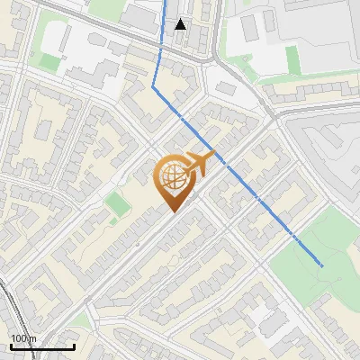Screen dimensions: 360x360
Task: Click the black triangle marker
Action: [181, 24]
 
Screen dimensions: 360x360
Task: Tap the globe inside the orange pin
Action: [175, 179]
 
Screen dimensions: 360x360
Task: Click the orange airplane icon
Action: [203, 163]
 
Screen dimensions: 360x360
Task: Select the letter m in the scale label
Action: [33, 339]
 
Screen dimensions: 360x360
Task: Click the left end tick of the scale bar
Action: [11, 345]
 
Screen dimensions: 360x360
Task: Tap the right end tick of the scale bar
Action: [74, 345]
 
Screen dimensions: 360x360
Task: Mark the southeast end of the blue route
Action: [321, 265]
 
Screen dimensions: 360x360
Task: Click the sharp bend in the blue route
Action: [155, 86]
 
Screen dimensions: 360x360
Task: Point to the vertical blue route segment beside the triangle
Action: [165, 27]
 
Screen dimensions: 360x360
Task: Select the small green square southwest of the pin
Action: [118, 204]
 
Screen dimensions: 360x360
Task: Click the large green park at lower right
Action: [310, 270]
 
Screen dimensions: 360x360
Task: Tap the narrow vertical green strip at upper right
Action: [292, 60]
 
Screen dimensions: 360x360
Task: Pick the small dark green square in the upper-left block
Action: [43, 129]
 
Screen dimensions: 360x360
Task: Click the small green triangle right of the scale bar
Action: [83, 320]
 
